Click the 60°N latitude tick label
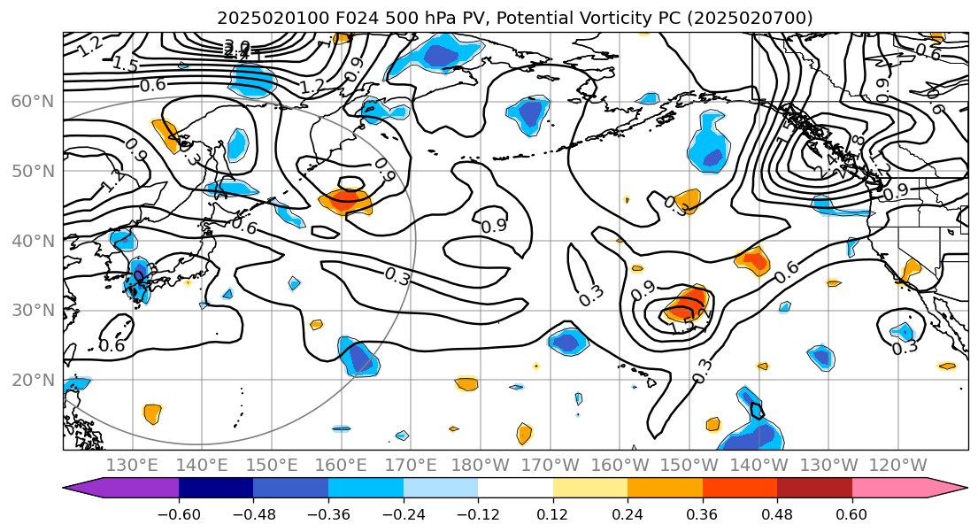coord(32,101)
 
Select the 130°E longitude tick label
coord(133,466)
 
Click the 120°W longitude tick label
coord(898,466)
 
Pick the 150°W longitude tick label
coord(689,466)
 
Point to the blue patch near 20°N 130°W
coord(821,357)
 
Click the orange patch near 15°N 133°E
coord(152,412)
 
